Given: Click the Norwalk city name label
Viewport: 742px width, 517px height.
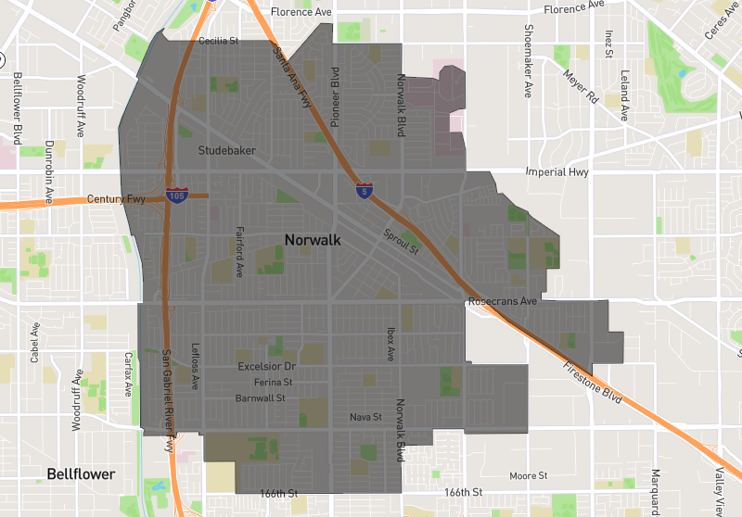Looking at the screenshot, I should pos(313,240).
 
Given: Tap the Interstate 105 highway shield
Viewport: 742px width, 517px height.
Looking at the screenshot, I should pos(175,195).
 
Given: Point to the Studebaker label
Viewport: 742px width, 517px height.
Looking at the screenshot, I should pos(227,150).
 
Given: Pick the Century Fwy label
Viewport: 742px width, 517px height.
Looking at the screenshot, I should pos(117,199).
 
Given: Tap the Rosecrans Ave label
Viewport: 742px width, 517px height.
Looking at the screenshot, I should pos(503,302).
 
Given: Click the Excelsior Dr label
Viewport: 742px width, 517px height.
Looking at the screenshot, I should pos(266,367).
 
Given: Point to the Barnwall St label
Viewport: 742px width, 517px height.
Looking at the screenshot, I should pos(260,398).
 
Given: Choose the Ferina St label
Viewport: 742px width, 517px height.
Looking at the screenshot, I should pos(273,382).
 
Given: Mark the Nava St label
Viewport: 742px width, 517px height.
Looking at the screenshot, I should pos(365,417).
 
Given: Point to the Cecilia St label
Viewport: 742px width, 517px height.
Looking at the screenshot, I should pos(219,41).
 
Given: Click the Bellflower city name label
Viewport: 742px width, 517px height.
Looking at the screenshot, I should pos(82,474).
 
